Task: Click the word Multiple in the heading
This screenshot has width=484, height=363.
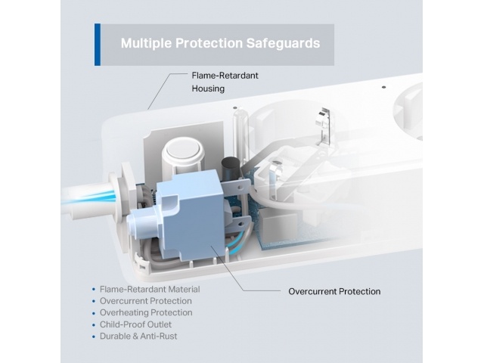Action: [x=146, y=44]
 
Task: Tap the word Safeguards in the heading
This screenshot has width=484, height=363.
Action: [x=283, y=43]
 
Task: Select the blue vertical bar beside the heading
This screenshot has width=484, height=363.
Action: [x=98, y=45]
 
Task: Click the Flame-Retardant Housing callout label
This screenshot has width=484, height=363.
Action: [x=225, y=82]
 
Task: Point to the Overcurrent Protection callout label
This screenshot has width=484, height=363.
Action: [x=334, y=291]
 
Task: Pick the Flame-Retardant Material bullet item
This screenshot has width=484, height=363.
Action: [x=150, y=289]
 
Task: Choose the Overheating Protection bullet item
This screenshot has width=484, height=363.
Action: [x=146, y=312]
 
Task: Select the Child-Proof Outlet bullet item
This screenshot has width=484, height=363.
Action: [x=135, y=324]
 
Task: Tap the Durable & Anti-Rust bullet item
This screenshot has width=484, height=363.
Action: [x=138, y=336]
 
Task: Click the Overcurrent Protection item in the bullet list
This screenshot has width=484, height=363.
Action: [x=146, y=301]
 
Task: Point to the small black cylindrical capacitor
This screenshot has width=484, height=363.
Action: [x=230, y=168]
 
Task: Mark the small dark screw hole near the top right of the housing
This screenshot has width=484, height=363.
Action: [x=383, y=88]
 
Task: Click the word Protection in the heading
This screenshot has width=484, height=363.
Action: [x=209, y=44]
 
